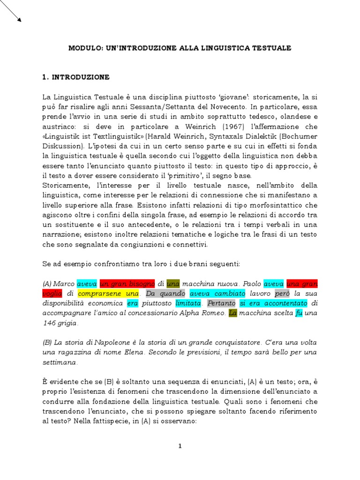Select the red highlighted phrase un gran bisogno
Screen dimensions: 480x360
click(127, 284)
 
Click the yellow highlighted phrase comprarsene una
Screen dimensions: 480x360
click(108, 294)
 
